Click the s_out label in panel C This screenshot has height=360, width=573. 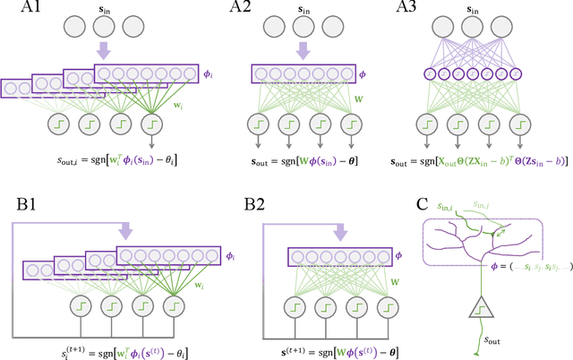(x=491, y=340)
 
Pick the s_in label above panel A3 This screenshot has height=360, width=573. (x=479, y=12)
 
